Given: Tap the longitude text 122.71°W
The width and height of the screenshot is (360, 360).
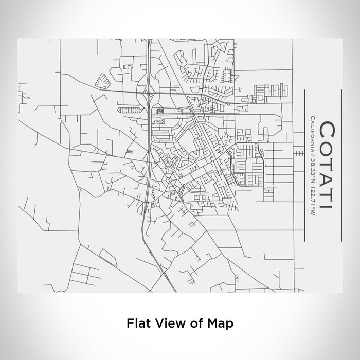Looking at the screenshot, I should pos(312,198).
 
